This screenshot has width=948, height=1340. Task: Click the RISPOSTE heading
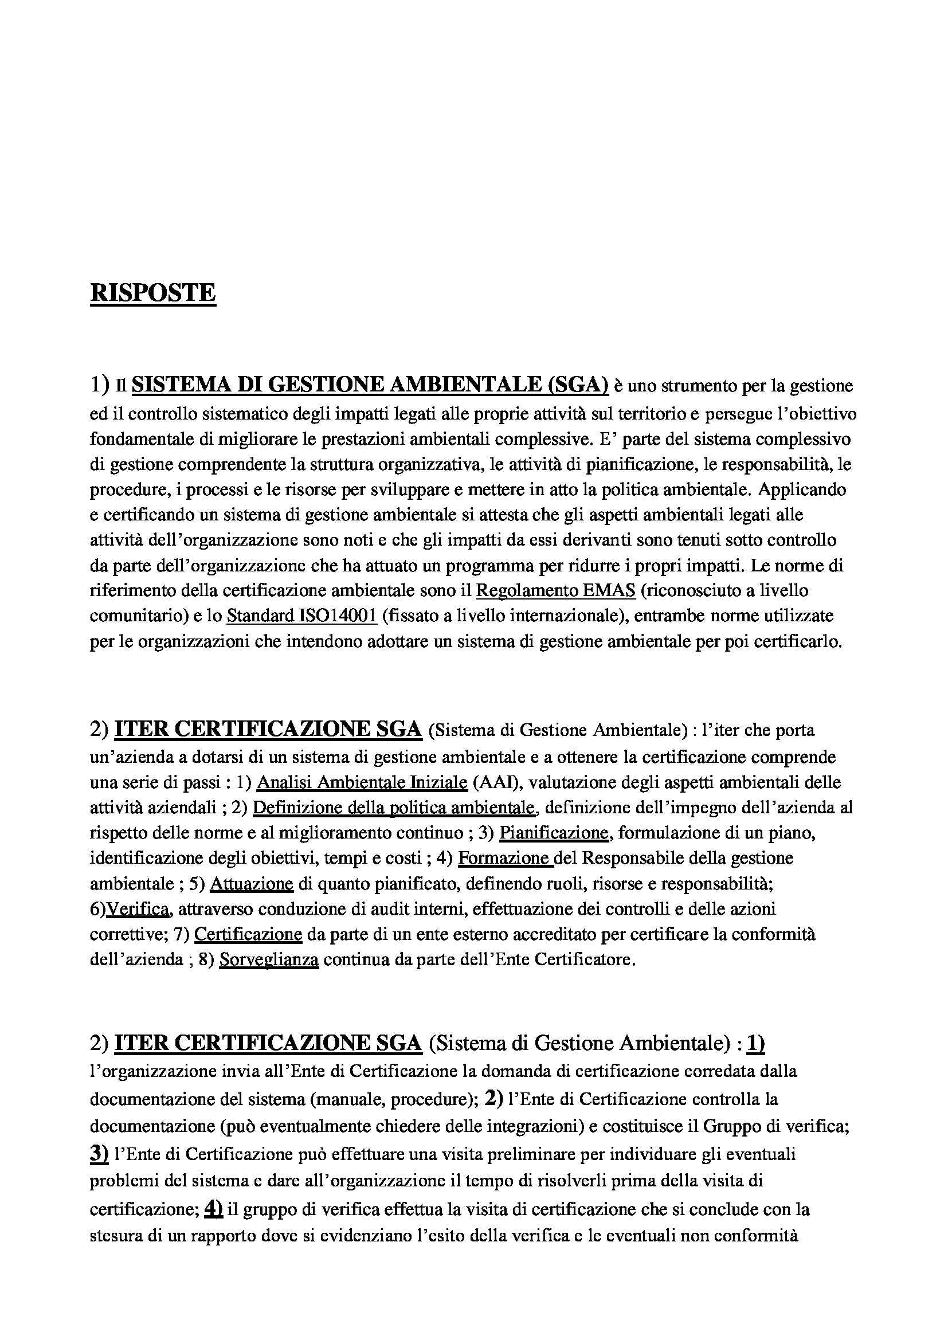[x=153, y=292]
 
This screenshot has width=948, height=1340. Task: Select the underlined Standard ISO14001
[x=302, y=616]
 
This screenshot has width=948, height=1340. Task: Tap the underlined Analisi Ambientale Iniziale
[x=362, y=782]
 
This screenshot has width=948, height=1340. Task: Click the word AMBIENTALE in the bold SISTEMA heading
[x=465, y=385]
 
